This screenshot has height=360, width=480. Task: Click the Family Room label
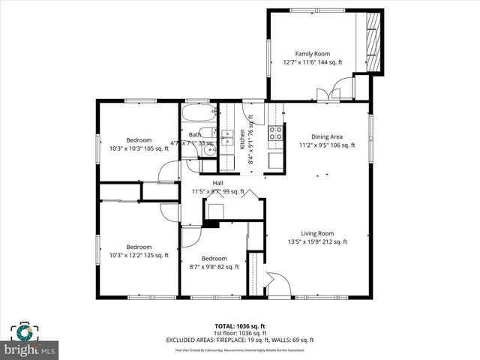(x=312, y=53)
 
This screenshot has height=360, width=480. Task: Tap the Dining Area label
(x=327, y=136)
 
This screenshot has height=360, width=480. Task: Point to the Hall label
(x=218, y=183)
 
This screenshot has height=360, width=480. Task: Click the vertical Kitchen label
(x=242, y=139)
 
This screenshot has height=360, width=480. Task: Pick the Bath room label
(x=194, y=135)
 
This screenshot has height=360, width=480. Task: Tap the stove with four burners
(x=275, y=133)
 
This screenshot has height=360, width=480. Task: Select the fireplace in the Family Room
(x=373, y=41)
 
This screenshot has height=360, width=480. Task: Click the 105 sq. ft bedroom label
(x=139, y=140)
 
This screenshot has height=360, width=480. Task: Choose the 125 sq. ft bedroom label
(x=139, y=247)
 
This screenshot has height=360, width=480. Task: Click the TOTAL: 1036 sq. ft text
(x=239, y=325)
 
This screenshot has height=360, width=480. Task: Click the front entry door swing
(x=278, y=285)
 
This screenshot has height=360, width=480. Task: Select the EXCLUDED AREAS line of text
(x=239, y=340)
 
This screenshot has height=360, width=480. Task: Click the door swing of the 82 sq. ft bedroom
(x=190, y=236)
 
